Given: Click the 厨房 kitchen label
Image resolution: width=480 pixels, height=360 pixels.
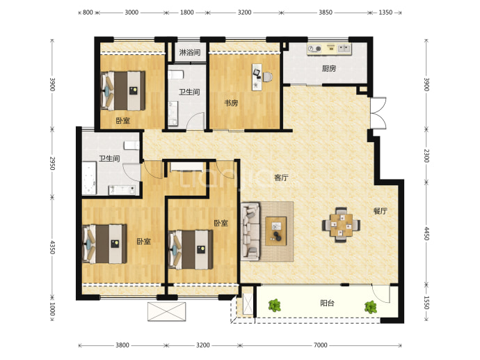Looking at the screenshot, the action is pyautogui.click(x=329, y=69).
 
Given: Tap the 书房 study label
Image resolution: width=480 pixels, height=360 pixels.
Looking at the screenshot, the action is pyautogui.click(x=231, y=103).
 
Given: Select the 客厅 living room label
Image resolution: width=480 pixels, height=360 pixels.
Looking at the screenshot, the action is pyautogui.click(x=281, y=178).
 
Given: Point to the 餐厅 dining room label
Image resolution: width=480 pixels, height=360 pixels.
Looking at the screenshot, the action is pyautogui.click(x=381, y=211).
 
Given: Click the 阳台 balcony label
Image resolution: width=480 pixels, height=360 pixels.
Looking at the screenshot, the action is pyautogui.click(x=327, y=304).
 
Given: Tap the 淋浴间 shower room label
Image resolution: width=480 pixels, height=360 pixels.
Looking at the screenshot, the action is pyautogui.click(x=190, y=52).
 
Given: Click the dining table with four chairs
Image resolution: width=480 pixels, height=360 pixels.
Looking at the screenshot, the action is pyautogui.click(x=341, y=225).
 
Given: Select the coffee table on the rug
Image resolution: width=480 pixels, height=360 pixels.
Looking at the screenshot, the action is pyautogui.click(x=276, y=231).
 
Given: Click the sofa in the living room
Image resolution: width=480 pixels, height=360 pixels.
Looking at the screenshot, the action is pyautogui.click(x=250, y=232).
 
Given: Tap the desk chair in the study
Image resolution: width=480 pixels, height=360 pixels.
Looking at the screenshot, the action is pyautogui.click(x=267, y=77).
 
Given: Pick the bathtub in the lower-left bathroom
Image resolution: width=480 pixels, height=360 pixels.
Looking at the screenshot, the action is pyautogui.click(x=89, y=178).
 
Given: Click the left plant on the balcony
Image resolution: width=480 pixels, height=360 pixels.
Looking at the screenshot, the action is pyautogui.click(x=275, y=306).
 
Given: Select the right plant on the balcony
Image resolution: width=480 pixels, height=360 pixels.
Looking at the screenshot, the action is pyautogui.click(x=371, y=306).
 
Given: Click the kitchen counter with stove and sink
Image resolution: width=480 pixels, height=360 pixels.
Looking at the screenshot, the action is pyautogui.click(x=329, y=49).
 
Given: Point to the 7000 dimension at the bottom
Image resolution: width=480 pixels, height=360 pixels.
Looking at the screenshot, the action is pyautogui.click(x=321, y=345).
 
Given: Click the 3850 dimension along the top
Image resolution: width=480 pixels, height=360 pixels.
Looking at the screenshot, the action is pyautogui.click(x=326, y=13).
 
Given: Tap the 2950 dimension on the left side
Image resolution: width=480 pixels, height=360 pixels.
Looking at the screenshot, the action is pyautogui.click(x=52, y=164).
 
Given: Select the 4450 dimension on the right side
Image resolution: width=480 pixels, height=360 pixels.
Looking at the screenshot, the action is pyautogui.click(x=426, y=233).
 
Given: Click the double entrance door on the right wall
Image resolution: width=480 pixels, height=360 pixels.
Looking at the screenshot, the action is pyautogui.click(x=378, y=113).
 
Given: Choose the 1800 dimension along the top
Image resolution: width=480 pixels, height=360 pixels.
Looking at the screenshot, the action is pyautogui.click(x=186, y=13).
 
